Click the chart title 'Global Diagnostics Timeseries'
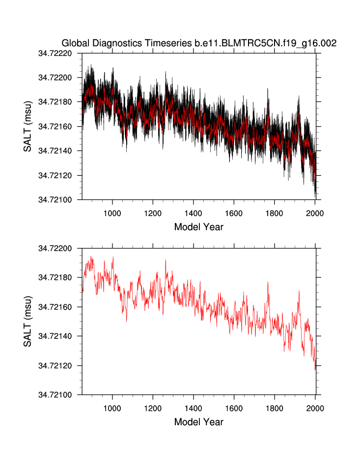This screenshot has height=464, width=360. pyautogui.click(x=127, y=43)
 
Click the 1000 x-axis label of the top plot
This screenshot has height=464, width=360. pyautogui.click(x=112, y=213)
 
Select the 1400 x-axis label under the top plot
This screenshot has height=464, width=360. pyautogui.click(x=194, y=213)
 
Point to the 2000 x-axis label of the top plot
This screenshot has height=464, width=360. pyautogui.click(x=315, y=213)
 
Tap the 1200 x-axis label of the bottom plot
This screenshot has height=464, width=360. pyautogui.click(x=153, y=408)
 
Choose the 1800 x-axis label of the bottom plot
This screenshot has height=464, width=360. pyautogui.click(x=275, y=408)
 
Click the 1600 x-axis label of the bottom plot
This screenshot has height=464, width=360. pyautogui.click(x=234, y=408)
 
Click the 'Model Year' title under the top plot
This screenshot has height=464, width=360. pyautogui.click(x=198, y=227)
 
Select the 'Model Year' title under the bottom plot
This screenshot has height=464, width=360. pyautogui.click(x=198, y=422)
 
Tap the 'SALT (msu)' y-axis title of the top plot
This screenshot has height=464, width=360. pyautogui.click(x=28, y=126)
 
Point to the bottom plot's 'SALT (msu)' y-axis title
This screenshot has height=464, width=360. pyautogui.click(x=28, y=322)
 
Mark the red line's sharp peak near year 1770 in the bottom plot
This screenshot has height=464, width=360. pyautogui.click(x=268, y=282)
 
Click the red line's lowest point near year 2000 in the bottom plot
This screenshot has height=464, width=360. pyautogui.click(x=315, y=369)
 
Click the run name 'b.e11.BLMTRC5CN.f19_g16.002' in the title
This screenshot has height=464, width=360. pyautogui.click(x=265, y=43)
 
